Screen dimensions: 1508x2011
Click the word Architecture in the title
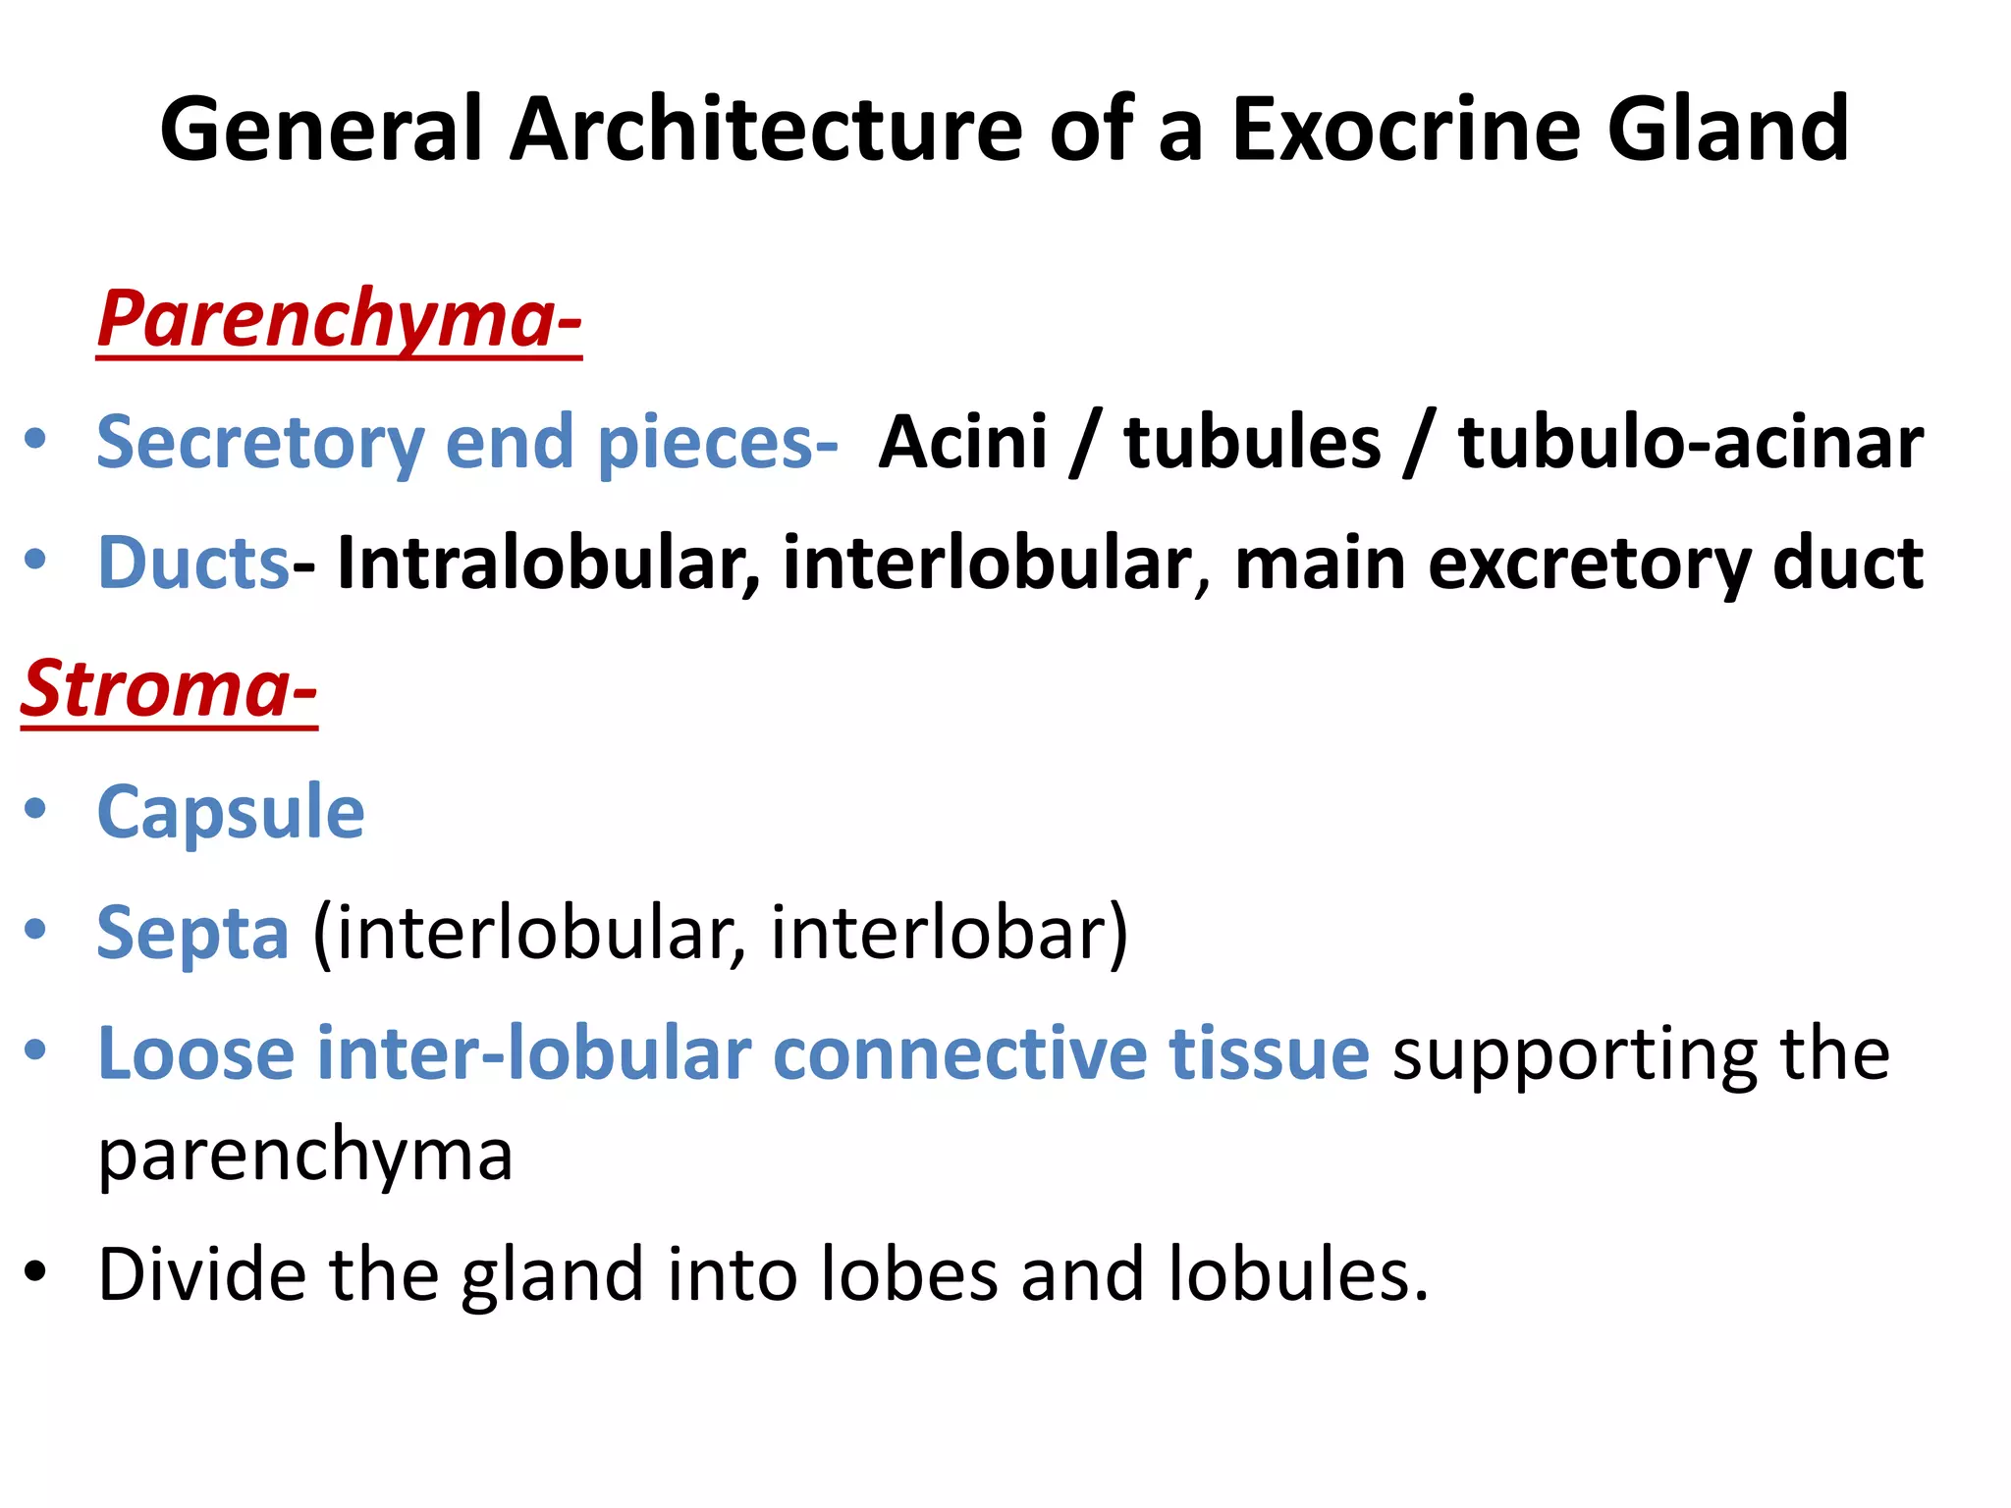pyautogui.click(x=766, y=130)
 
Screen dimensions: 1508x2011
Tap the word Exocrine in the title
pyautogui.click(x=1405, y=130)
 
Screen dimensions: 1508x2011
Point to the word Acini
pyautogui.click(x=962, y=443)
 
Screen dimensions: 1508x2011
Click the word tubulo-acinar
pyautogui.click(x=1690, y=443)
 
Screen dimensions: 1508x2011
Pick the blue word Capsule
pyautogui.click(x=231, y=813)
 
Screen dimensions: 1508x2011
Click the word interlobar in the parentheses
pyautogui.click(x=949, y=933)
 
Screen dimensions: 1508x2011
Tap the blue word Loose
pyautogui.click(x=195, y=1053)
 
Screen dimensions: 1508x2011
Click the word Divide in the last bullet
pyautogui.click(x=201, y=1274)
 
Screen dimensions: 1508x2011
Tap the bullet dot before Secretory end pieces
pyautogui.click(x=35, y=439)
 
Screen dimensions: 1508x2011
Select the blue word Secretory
pyautogui.click(x=260, y=443)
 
